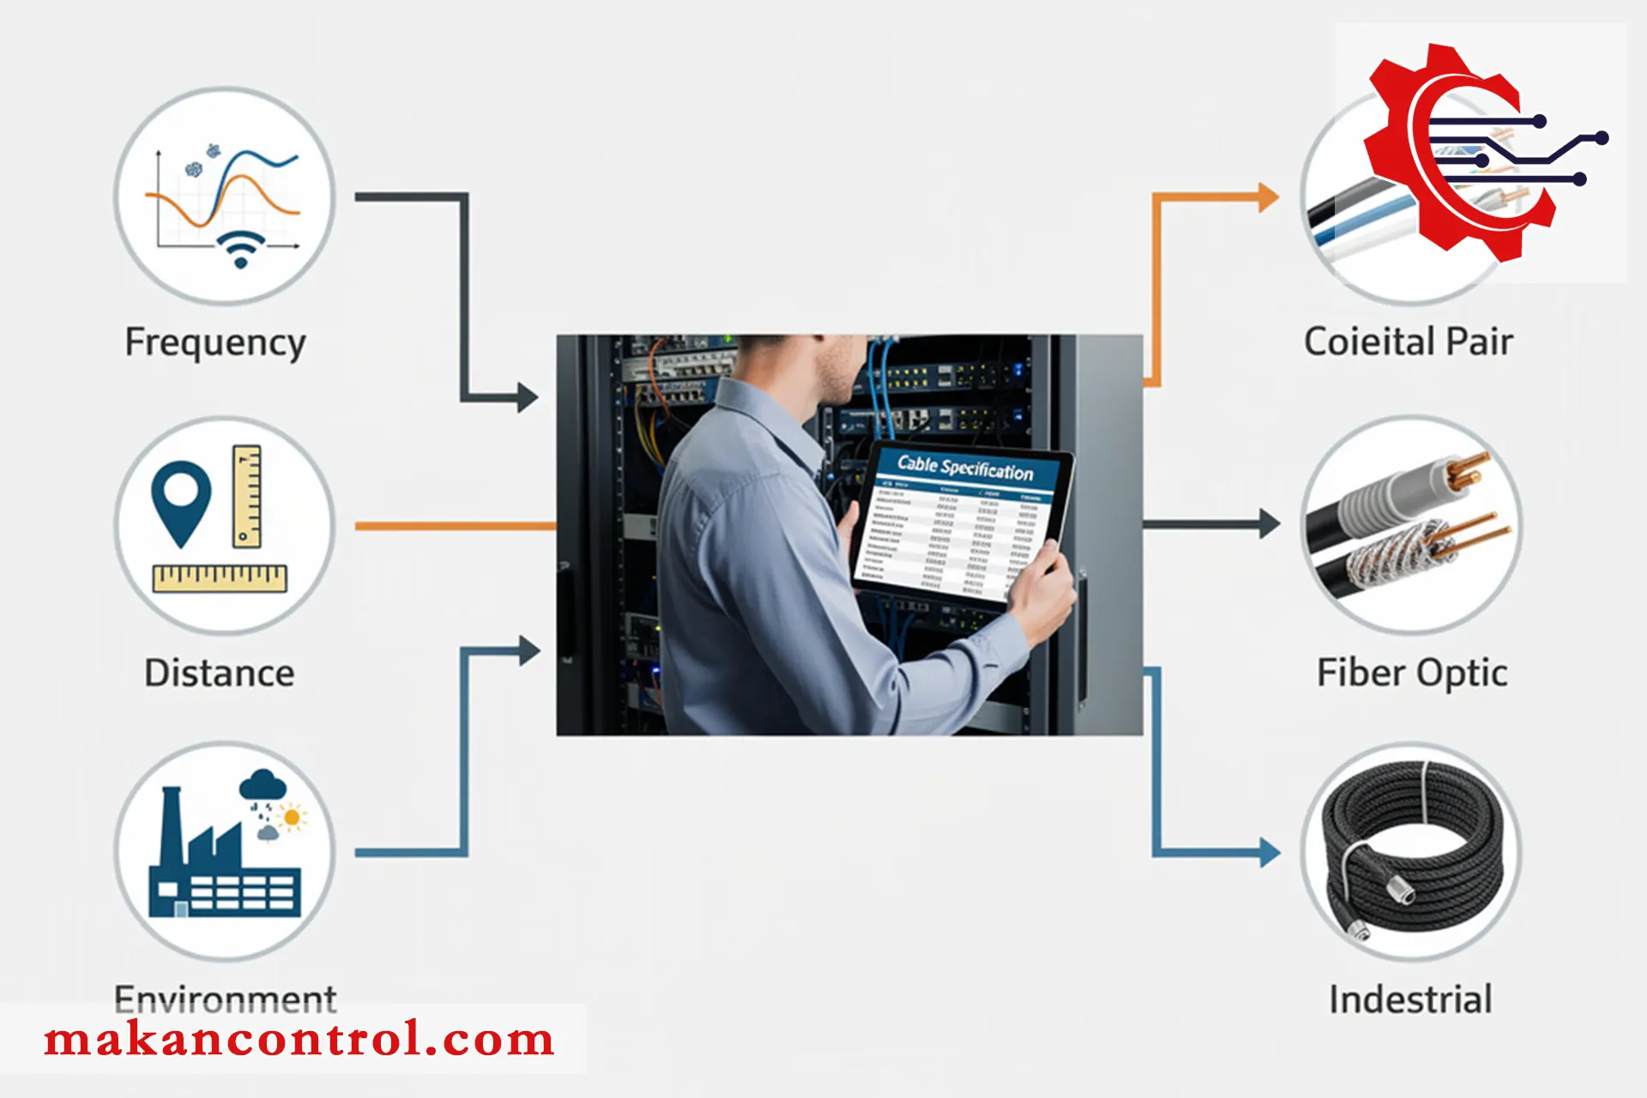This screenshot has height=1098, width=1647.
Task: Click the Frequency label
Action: click(215, 342)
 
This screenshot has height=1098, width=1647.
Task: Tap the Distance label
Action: click(219, 673)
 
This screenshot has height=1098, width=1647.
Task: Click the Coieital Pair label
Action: click(1408, 341)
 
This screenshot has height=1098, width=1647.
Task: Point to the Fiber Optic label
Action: click(1412, 673)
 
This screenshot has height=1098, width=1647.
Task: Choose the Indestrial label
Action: click(1410, 999)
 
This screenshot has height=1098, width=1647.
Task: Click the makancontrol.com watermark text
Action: click(299, 1040)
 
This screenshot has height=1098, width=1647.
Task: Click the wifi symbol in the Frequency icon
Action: click(240, 249)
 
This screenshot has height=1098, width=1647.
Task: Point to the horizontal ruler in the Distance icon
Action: click(220, 578)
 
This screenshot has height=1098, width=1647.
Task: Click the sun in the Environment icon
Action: click(293, 817)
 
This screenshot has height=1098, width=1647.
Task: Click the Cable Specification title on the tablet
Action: click(965, 468)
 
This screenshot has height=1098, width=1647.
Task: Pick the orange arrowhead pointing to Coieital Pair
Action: click(1267, 197)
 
